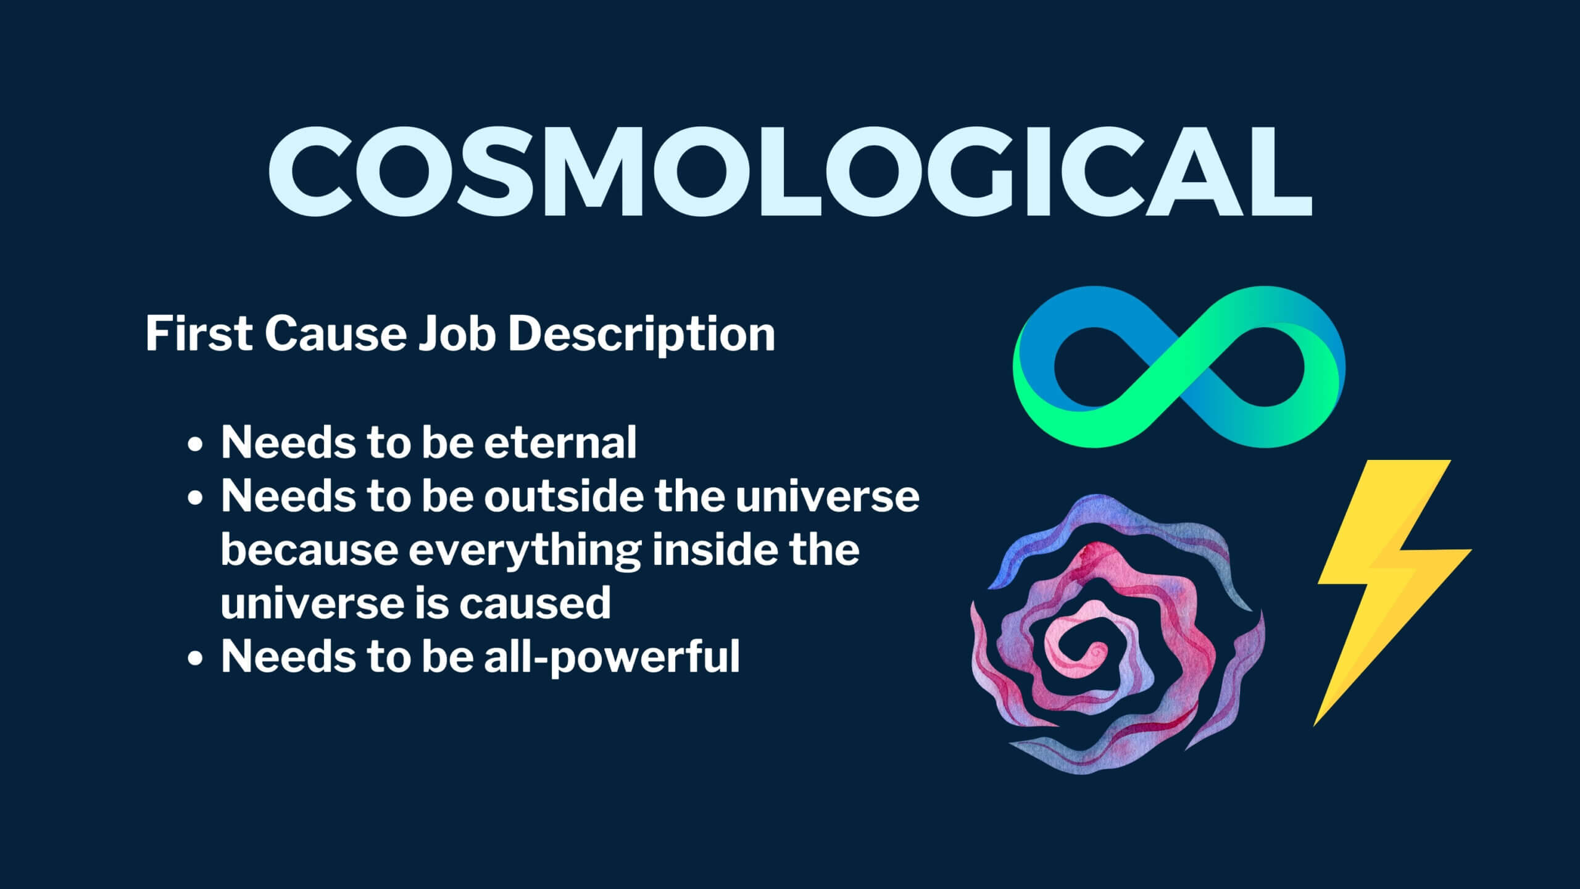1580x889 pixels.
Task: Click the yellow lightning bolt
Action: coord(1392,593)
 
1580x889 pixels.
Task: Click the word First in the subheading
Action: coord(199,334)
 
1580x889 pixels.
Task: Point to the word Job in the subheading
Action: coord(457,334)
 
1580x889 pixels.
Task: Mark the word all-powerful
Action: coord(612,658)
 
